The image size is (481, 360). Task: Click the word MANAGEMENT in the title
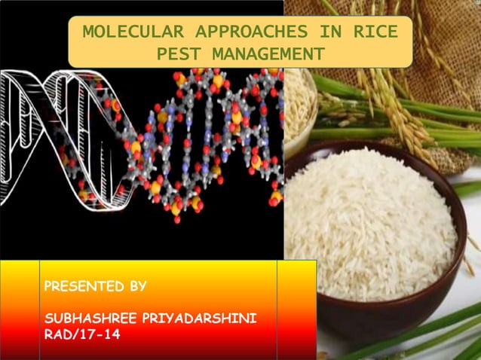pyautogui.click(x=268, y=54)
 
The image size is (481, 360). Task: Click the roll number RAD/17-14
pyautogui.click(x=82, y=334)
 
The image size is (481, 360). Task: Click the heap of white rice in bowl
pyautogui.click(x=369, y=218)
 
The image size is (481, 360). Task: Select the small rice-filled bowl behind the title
pyautogui.click(x=300, y=105)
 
